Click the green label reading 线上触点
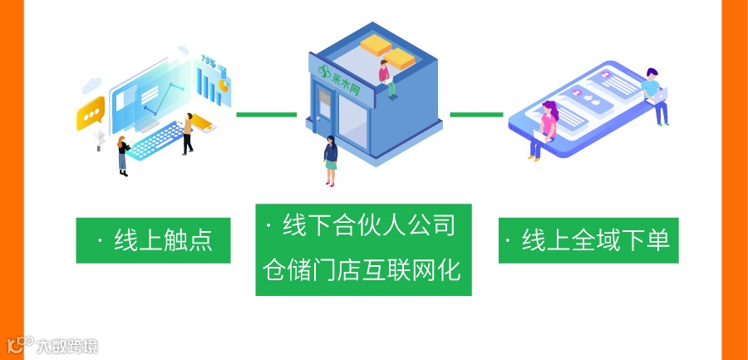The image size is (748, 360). (153, 241)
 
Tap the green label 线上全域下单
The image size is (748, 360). (588, 241)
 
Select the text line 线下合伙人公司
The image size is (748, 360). (363, 226)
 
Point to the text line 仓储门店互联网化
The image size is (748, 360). (363, 270)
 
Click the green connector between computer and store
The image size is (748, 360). (266, 114)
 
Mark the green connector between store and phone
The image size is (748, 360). (476, 114)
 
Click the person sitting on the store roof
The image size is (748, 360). (386, 77)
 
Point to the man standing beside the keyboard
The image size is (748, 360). (189, 132)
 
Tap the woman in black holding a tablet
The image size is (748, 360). (123, 155)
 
